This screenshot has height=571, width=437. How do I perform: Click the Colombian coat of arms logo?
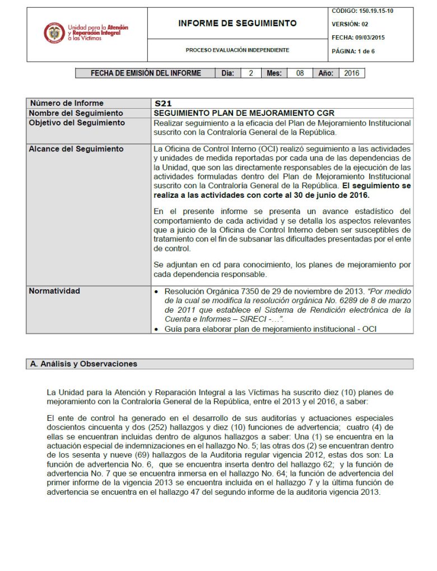tap(54, 34)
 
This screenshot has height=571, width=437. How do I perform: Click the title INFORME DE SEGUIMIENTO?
tap(237, 24)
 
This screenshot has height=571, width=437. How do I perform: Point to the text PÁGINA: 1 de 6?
tap(354, 51)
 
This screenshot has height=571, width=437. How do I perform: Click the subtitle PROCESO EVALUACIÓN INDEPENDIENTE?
tap(237, 50)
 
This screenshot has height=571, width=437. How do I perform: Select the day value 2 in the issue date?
tap(251, 73)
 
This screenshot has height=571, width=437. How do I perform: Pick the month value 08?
tap(300, 73)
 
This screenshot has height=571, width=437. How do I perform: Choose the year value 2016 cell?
tap(351, 73)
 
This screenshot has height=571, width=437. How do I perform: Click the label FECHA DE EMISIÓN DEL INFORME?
tap(146, 73)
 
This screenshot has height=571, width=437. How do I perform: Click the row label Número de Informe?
tap(67, 104)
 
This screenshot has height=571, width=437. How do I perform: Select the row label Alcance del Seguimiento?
tap(76, 149)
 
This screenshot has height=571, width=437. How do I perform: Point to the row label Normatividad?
tap(54, 291)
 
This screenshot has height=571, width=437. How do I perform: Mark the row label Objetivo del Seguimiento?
tap(77, 123)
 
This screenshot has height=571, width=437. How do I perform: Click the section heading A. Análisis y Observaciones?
tap(83, 364)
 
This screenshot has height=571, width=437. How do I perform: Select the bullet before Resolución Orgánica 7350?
tap(156, 293)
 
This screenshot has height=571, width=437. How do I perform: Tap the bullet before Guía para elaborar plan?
tap(156, 329)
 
